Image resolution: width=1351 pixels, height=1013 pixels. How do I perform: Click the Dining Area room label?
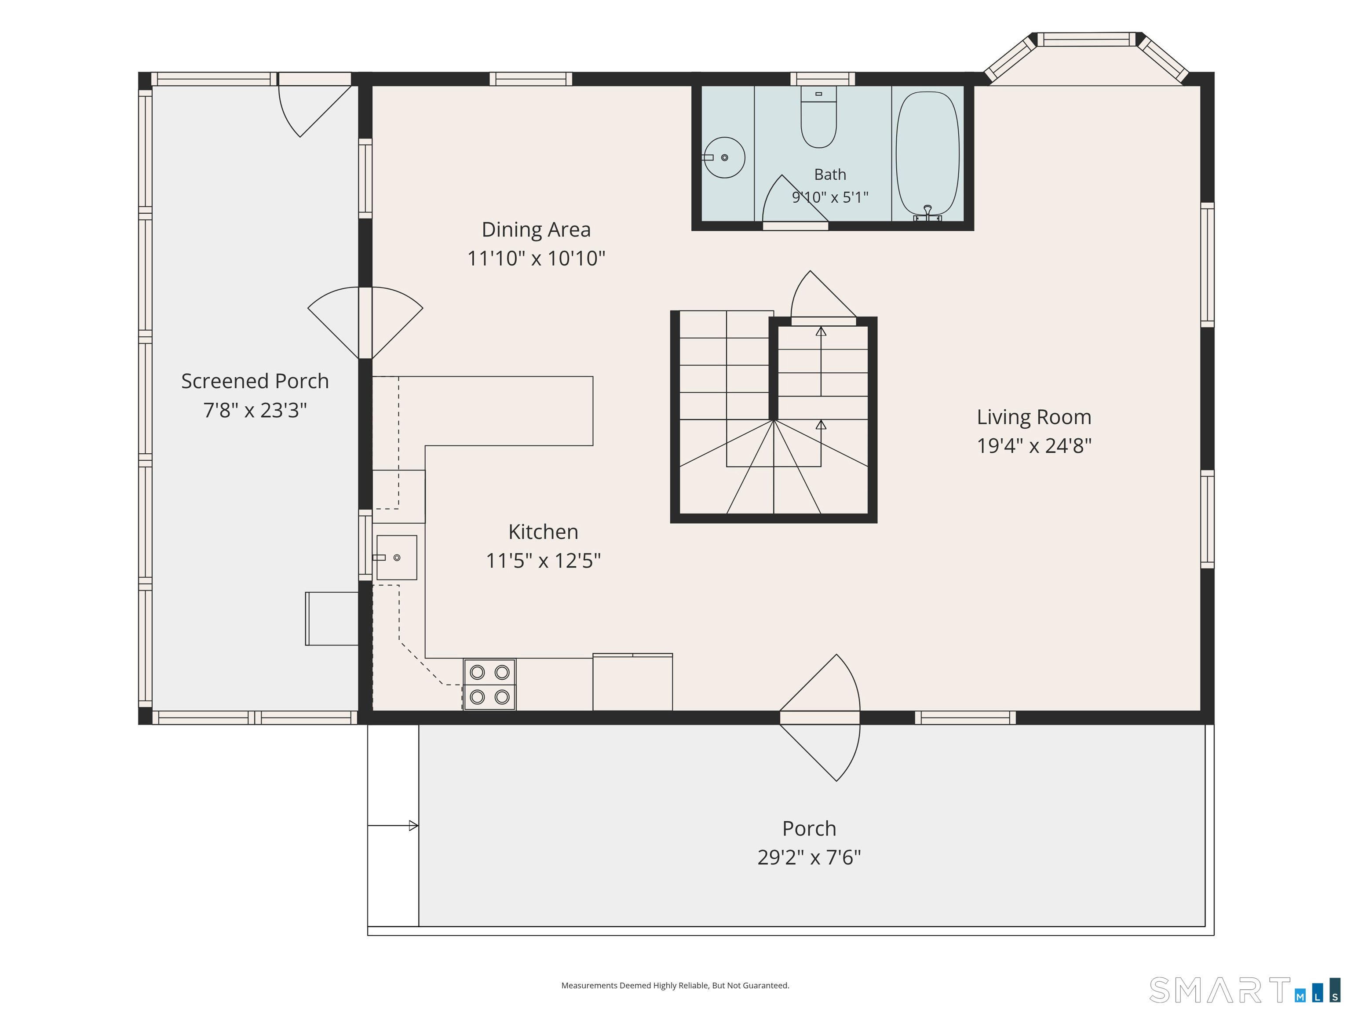[536, 230]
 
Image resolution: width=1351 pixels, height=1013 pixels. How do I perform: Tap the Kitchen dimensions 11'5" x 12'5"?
[543, 561]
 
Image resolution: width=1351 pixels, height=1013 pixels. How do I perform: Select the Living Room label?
[1034, 417]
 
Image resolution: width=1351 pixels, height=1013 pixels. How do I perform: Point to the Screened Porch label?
[255, 381]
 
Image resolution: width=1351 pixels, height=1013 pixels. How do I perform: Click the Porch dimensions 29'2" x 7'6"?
[809, 857]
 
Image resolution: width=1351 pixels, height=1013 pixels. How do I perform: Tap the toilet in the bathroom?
[818, 117]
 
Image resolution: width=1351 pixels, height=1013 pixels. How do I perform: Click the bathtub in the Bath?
[927, 154]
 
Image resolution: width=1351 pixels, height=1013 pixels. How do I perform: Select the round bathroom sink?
[724, 157]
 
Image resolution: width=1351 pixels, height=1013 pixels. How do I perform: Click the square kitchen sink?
[396, 558]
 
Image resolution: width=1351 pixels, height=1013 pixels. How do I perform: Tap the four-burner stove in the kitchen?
[489, 685]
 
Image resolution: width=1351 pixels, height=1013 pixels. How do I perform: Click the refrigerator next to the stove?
[633, 682]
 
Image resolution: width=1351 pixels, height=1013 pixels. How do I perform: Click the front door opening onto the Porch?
[820, 718]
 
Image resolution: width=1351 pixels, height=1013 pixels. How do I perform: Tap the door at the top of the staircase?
[823, 297]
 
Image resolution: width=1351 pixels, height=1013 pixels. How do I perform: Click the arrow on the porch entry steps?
[393, 826]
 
